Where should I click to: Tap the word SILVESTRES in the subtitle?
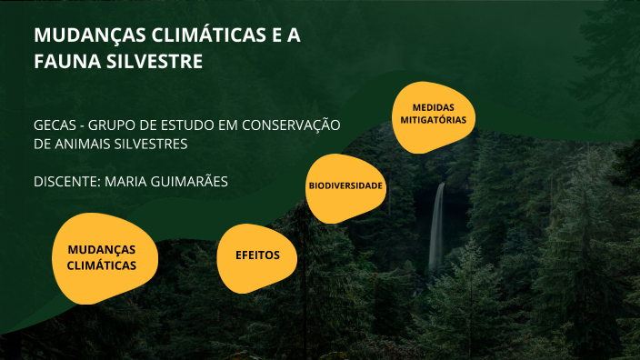point(149,144)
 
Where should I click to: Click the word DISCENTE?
point(65,181)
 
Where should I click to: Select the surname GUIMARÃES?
point(190,181)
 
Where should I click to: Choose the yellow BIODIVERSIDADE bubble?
point(345,186)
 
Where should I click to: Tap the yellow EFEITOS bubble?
point(258,255)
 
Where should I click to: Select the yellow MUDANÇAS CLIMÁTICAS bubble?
point(102,258)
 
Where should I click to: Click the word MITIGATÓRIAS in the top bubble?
point(434,120)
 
